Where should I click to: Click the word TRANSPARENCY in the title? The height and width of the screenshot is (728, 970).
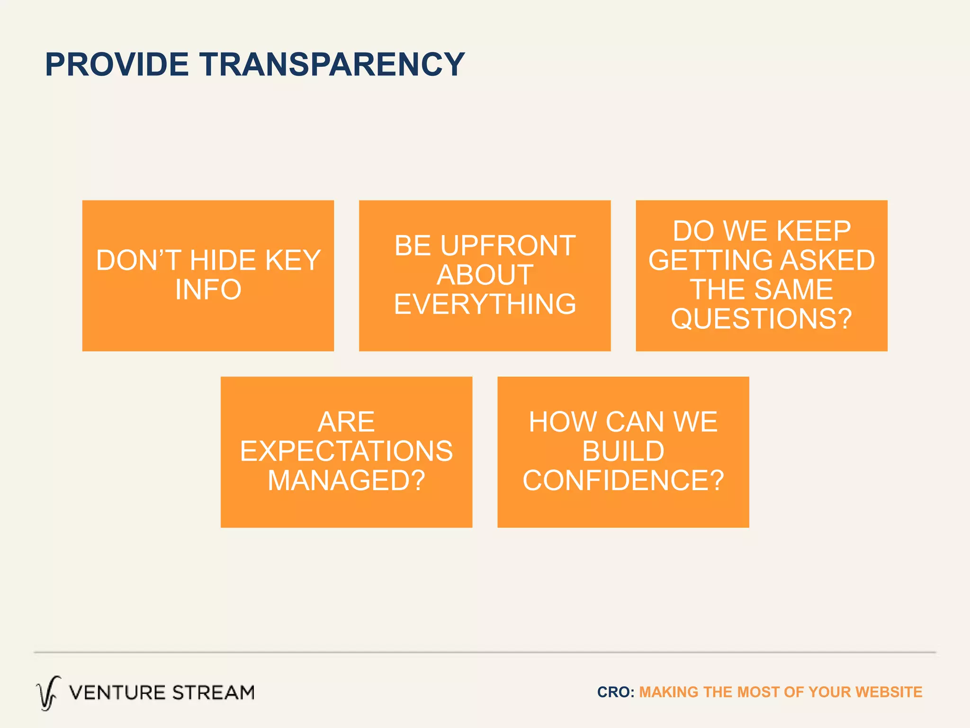click(332, 64)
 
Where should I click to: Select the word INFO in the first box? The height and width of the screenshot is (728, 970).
click(208, 290)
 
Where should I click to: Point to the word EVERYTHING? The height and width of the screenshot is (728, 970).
click(485, 304)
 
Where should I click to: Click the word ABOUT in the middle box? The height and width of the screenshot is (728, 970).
click(485, 275)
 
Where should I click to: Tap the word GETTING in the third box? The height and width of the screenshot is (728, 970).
click(710, 260)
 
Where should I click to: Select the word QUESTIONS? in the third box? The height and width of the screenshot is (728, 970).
click(761, 318)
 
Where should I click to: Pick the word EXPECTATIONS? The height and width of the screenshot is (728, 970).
click(346, 451)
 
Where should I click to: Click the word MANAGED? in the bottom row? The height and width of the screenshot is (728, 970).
click(346, 481)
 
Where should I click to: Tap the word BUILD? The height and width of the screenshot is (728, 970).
click(623, 451)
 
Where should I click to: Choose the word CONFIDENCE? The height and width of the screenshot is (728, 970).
click(623, 481)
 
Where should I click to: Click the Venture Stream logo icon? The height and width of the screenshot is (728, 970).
click(48, 693)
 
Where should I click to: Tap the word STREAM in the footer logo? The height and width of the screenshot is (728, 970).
click(213, 693)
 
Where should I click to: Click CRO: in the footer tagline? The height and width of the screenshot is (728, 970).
click(615, 692)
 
